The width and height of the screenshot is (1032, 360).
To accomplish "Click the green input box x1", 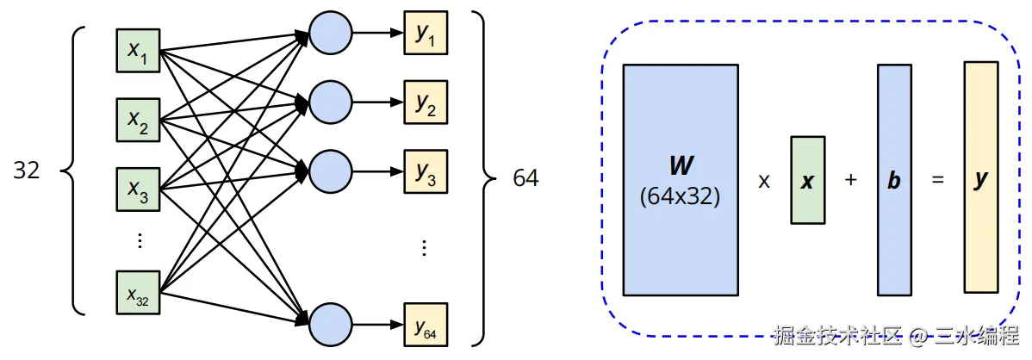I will [x=138, y=51].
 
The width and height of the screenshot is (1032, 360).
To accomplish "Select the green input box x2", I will [x=138, y=121].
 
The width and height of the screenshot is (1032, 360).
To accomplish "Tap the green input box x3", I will [x=138, y=192].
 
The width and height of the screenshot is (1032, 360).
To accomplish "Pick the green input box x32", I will [x=138, y=293].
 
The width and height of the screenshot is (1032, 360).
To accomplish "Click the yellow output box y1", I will [x=426, y=35].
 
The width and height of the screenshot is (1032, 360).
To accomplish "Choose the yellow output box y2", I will [x=426, y=104].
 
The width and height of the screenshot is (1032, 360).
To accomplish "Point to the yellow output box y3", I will [x=426, y=173].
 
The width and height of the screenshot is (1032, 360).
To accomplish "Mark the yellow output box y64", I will [x=426, y=325].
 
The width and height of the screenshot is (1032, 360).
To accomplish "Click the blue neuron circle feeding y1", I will [x=331, y=35].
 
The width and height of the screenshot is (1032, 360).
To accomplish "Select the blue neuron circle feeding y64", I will [x=331, y=325].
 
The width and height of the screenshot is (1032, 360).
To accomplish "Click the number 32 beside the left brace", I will [x=27, y=171].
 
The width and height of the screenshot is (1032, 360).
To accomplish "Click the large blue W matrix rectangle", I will [x=680, y=179].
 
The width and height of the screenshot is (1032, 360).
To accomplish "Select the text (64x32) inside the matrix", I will [x=680, y=196].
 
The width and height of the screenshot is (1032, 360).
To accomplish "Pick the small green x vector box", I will [x=807, y=180].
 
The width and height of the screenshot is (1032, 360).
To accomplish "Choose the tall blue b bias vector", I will [x=893, y=179].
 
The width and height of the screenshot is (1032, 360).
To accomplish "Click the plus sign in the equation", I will [x=850, y=181].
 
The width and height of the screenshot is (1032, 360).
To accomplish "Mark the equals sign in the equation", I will [x=937, y=181].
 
